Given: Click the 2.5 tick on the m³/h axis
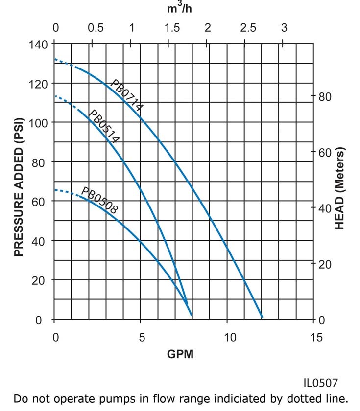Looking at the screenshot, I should click(248, 28).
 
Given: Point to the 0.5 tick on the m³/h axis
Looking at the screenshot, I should click(96, 28).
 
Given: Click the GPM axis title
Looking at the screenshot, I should click(180, 354).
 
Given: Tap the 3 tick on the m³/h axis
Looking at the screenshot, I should click(284, 28).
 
